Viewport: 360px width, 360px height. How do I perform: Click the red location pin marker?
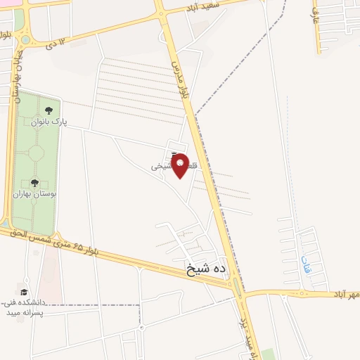180,165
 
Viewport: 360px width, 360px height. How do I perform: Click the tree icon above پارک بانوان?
49,110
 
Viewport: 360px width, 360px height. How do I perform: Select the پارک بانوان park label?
49,122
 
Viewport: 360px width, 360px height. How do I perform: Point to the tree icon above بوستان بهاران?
34,183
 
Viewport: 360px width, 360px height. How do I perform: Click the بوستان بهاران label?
34,194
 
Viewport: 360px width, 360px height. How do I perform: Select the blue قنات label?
304,263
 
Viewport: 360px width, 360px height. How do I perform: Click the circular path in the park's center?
34,153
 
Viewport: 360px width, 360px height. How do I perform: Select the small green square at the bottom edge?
269,354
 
